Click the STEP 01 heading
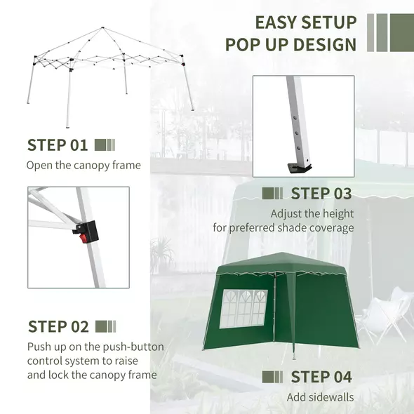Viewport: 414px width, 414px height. tap(58, 145)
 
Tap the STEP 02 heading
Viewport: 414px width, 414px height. tap(58, 326)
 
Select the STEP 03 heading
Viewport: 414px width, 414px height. tap(321, 194)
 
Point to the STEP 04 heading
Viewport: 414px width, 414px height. tap(321, 376)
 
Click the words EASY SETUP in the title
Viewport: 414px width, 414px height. tap(305, 22)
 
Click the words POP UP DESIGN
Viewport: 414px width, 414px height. tap(291, 46)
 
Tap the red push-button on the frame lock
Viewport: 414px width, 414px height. tap(84, 238)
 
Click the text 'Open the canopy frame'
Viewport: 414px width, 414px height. tap(84, 166)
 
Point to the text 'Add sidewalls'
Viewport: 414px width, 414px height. tap(320, 397)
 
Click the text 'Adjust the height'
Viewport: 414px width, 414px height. tap(312, 213)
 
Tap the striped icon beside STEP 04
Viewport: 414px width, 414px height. tap(272, 377)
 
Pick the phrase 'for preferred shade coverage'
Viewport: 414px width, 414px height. tap(283, 228)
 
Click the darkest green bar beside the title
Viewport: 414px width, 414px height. tap(402, 32)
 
